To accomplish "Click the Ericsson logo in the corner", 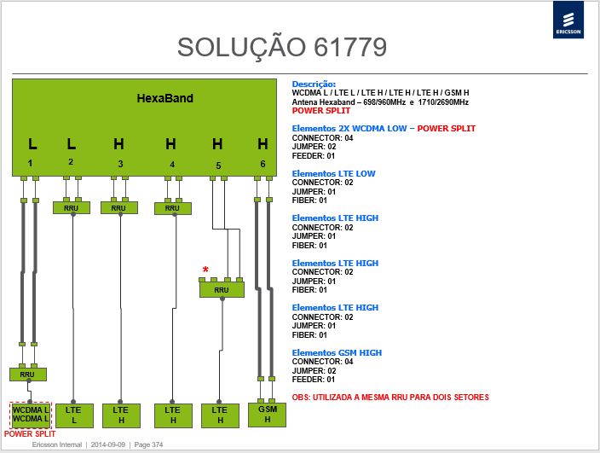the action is pyautogui.click(x=568, y=20).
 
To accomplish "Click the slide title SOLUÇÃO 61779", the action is pyautogui.click(x=282, y=48).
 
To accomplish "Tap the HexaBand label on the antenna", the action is pyautogui.click(x=165, y=98).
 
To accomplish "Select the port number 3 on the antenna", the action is pyautogui.click(x=120, y=165).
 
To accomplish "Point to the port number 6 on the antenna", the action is pyautogui.click(x=262, y=164).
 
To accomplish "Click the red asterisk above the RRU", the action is pyautogui.click(x=205, y=270).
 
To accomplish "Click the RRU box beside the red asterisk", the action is pyautogui.click(x=222, y=290).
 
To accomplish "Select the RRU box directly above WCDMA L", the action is pyautogui.click(x=28, y=375).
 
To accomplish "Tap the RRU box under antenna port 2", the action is pyautogui.click(x=72, y=208).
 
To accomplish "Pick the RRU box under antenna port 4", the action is pyautogui.click(x=173, y=208).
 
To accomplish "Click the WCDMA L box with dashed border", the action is pyautogui.click(x=30, y=415).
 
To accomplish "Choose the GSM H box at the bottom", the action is pyautogui.click(x=267, y=415).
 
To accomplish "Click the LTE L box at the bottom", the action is pyautogui.click(x=74, y=415).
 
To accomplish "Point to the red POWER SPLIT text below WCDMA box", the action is pyautogui.click(x=30, y=434).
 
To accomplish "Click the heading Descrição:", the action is pyautogui.click(x=314, y=84).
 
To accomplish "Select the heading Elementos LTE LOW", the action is pyautogui.click(x=334, y=174).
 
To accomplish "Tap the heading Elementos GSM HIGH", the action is pyautogui.click(x=337, y=352).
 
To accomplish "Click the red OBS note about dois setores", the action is pyautogui.click(x=390, y=398).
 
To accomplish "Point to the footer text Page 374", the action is pyautogui.click(x=148, y=445).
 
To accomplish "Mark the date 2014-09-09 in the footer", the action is pyautogui.click(x=108, y=445).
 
